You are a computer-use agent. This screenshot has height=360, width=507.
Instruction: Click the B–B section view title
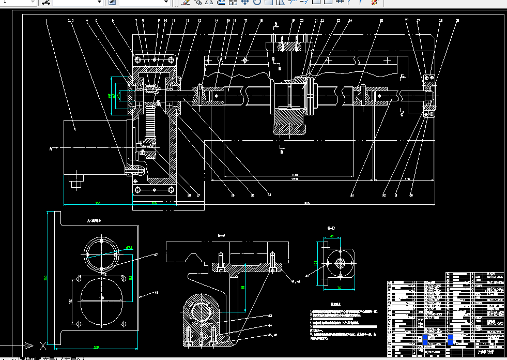221,235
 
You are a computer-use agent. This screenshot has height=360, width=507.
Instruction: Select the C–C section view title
331,228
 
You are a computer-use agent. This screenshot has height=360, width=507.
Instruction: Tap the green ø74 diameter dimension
129,248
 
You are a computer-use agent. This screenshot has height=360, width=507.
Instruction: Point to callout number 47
155,255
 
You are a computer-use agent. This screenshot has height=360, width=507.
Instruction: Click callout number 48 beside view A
156,294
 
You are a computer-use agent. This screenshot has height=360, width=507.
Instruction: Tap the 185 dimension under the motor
97,203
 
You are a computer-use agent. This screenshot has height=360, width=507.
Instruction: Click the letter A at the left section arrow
51,148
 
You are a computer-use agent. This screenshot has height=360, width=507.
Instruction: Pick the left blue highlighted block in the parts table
425,340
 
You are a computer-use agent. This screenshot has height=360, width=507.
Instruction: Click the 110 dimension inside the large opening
101,298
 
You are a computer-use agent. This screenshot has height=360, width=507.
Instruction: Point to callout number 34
269,195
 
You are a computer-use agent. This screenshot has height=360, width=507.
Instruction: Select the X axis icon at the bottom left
43,344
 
